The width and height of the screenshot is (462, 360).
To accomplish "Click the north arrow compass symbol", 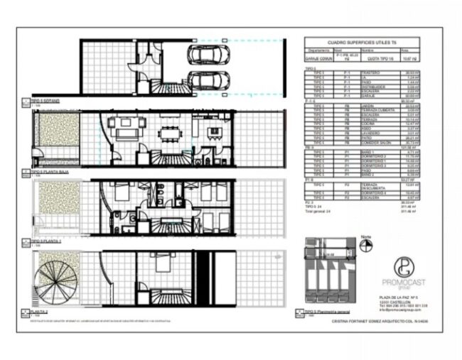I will (x=367, y=244).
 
